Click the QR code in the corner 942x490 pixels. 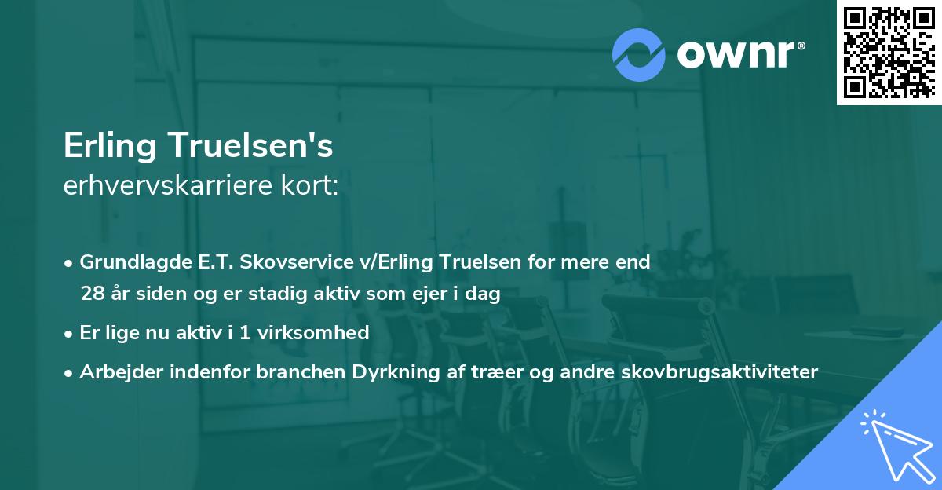[x=889, y=52]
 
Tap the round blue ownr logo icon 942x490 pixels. [x=639, y=53]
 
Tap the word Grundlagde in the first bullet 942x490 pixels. [x=132, y=261]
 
